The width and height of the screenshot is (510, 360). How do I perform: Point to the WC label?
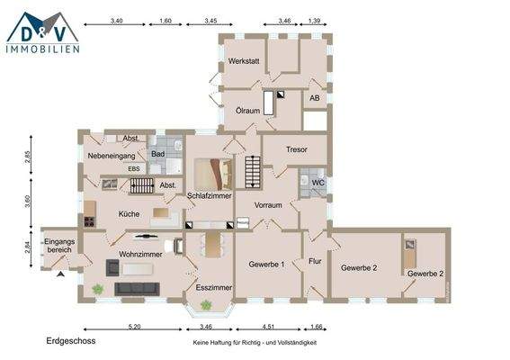tap(317, 183)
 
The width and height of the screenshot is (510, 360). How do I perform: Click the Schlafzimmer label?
tap(210, 195)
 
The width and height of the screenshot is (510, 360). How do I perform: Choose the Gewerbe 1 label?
tap(265, 265)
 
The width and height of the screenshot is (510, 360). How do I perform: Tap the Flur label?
tap(315, 262)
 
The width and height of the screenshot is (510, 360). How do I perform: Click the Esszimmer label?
tap(214, 287)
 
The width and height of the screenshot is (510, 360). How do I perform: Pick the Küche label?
tap(128, 215)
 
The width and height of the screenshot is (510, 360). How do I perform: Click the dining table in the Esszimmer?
tap(213, 244)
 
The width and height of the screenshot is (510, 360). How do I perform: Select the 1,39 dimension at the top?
tap(315, 19)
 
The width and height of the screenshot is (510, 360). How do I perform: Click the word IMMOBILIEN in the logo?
tap(43, 48)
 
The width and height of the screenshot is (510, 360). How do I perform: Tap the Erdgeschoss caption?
tap(70, 342)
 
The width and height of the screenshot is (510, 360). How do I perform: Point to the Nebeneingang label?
tap(111, 157)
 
